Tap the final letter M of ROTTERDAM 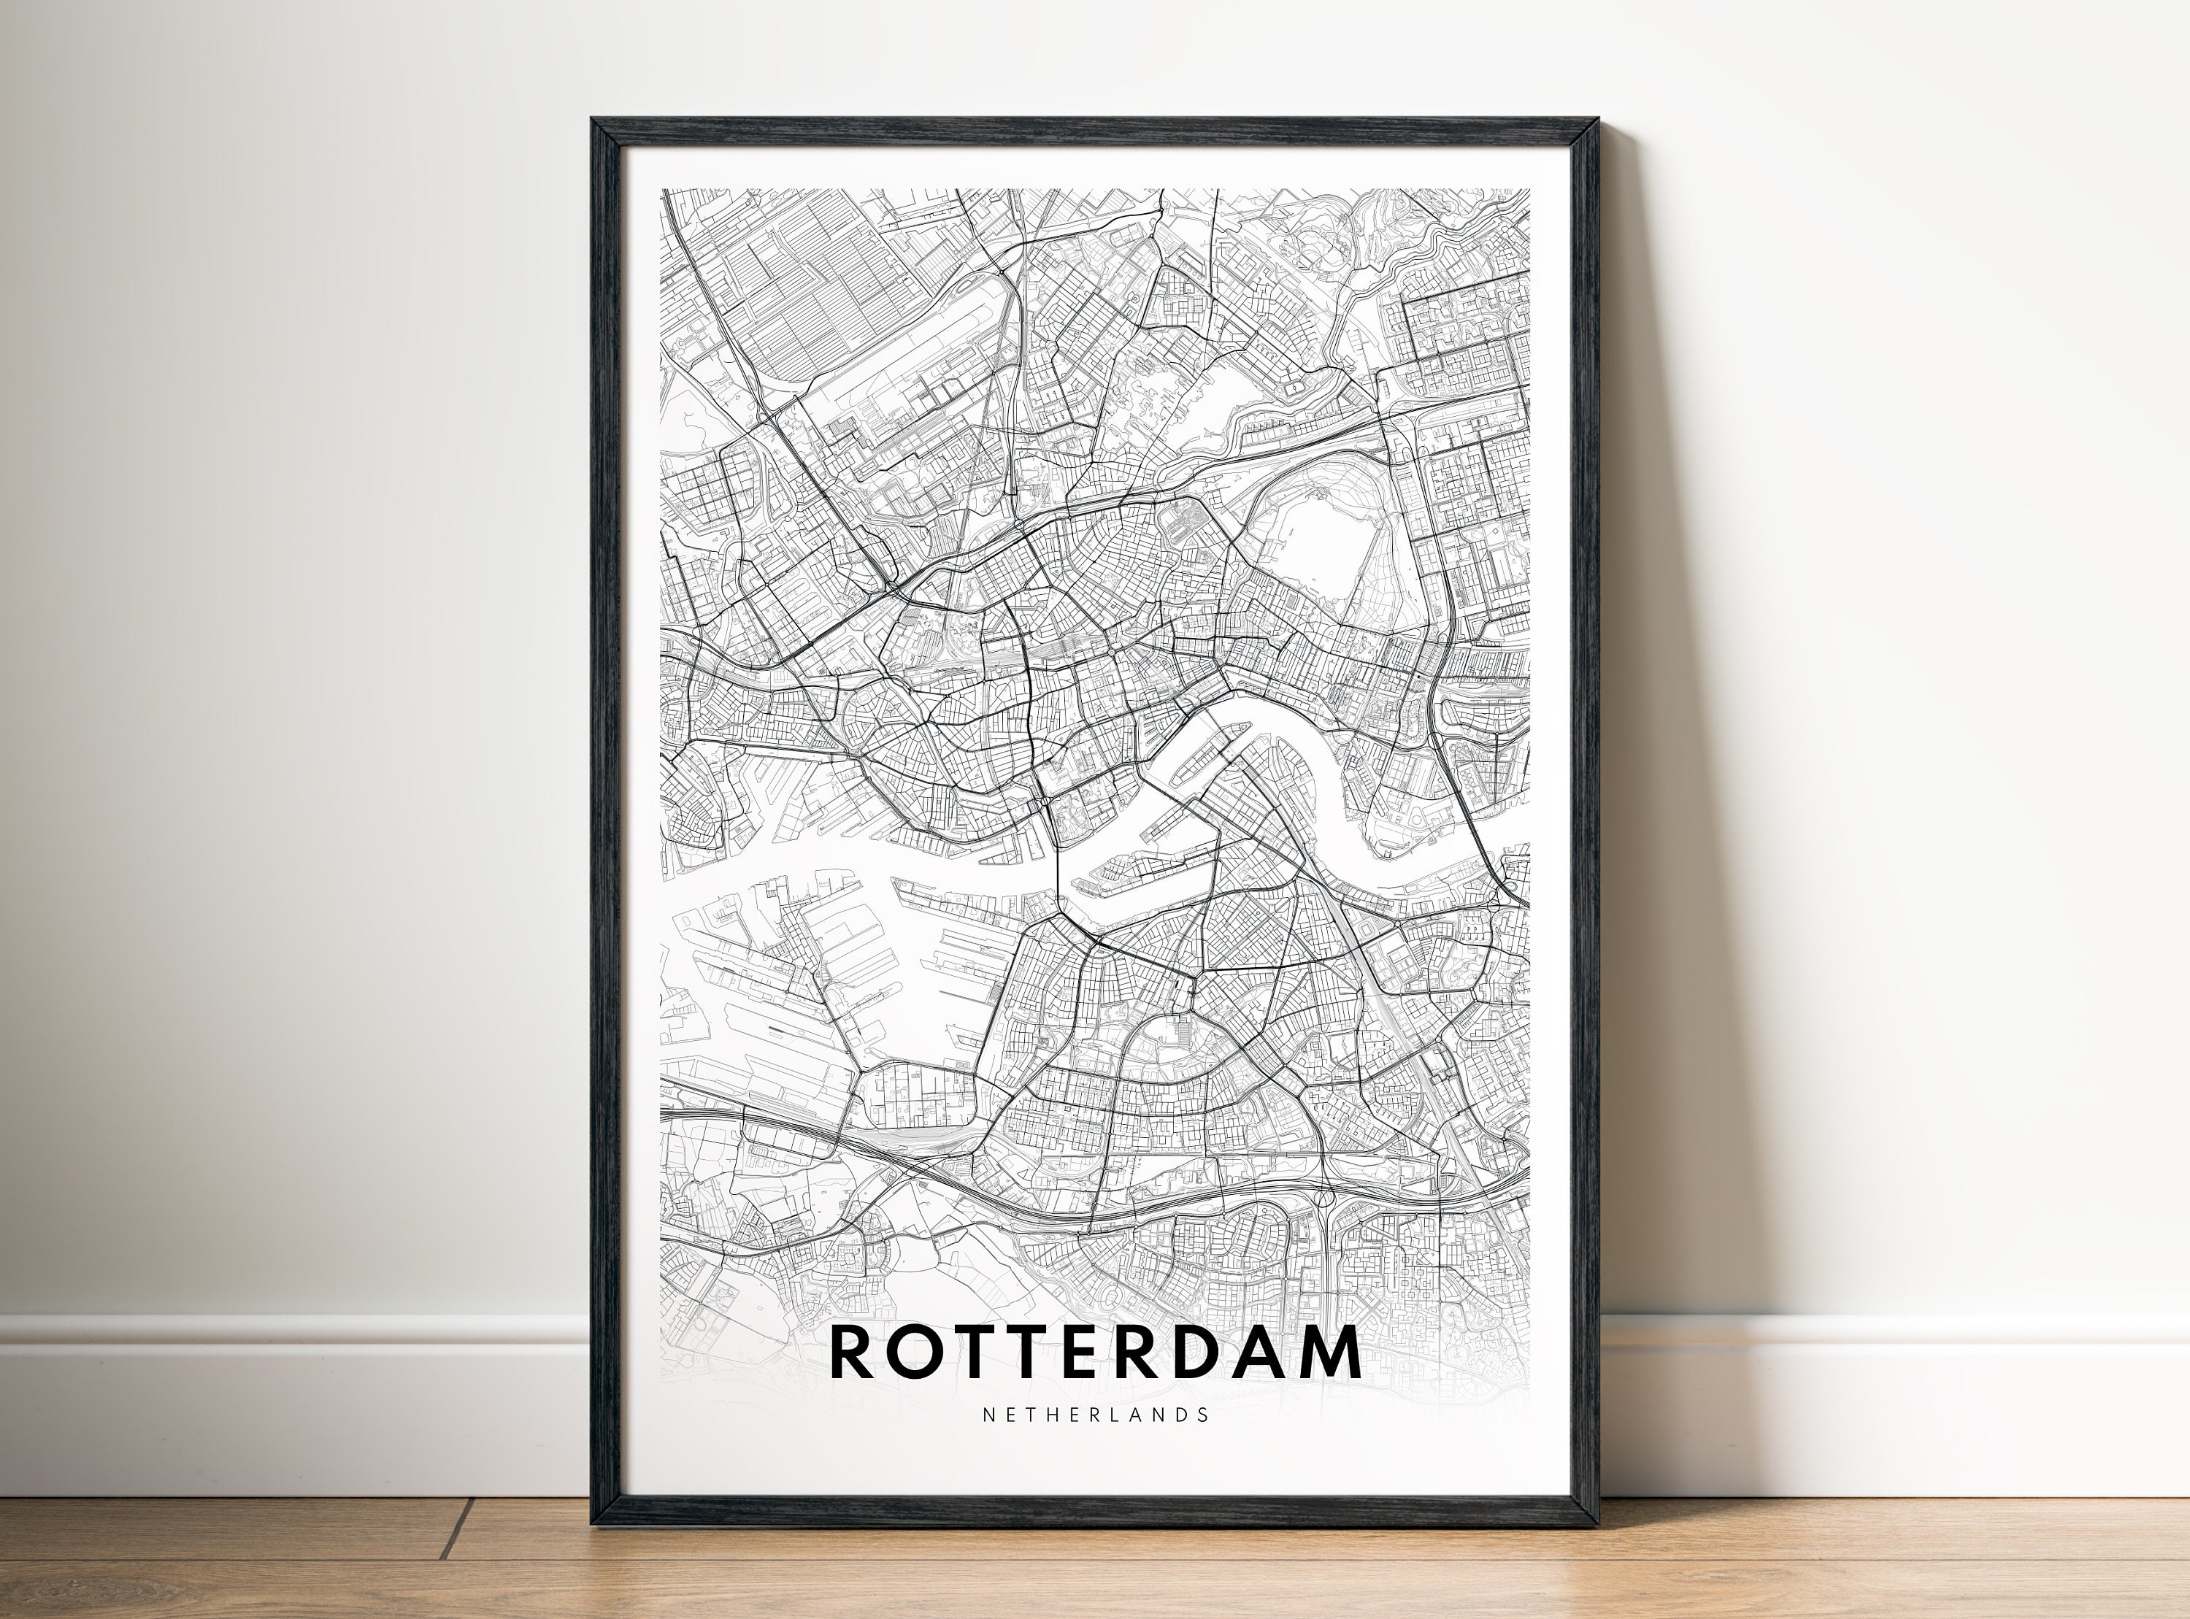[x=1325, y=1353]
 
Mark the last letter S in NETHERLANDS [x=1203, y=1414]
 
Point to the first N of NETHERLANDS [x=987, y=1414]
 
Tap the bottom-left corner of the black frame [x=593, y=1524]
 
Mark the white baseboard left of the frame [x=294, y=1401]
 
